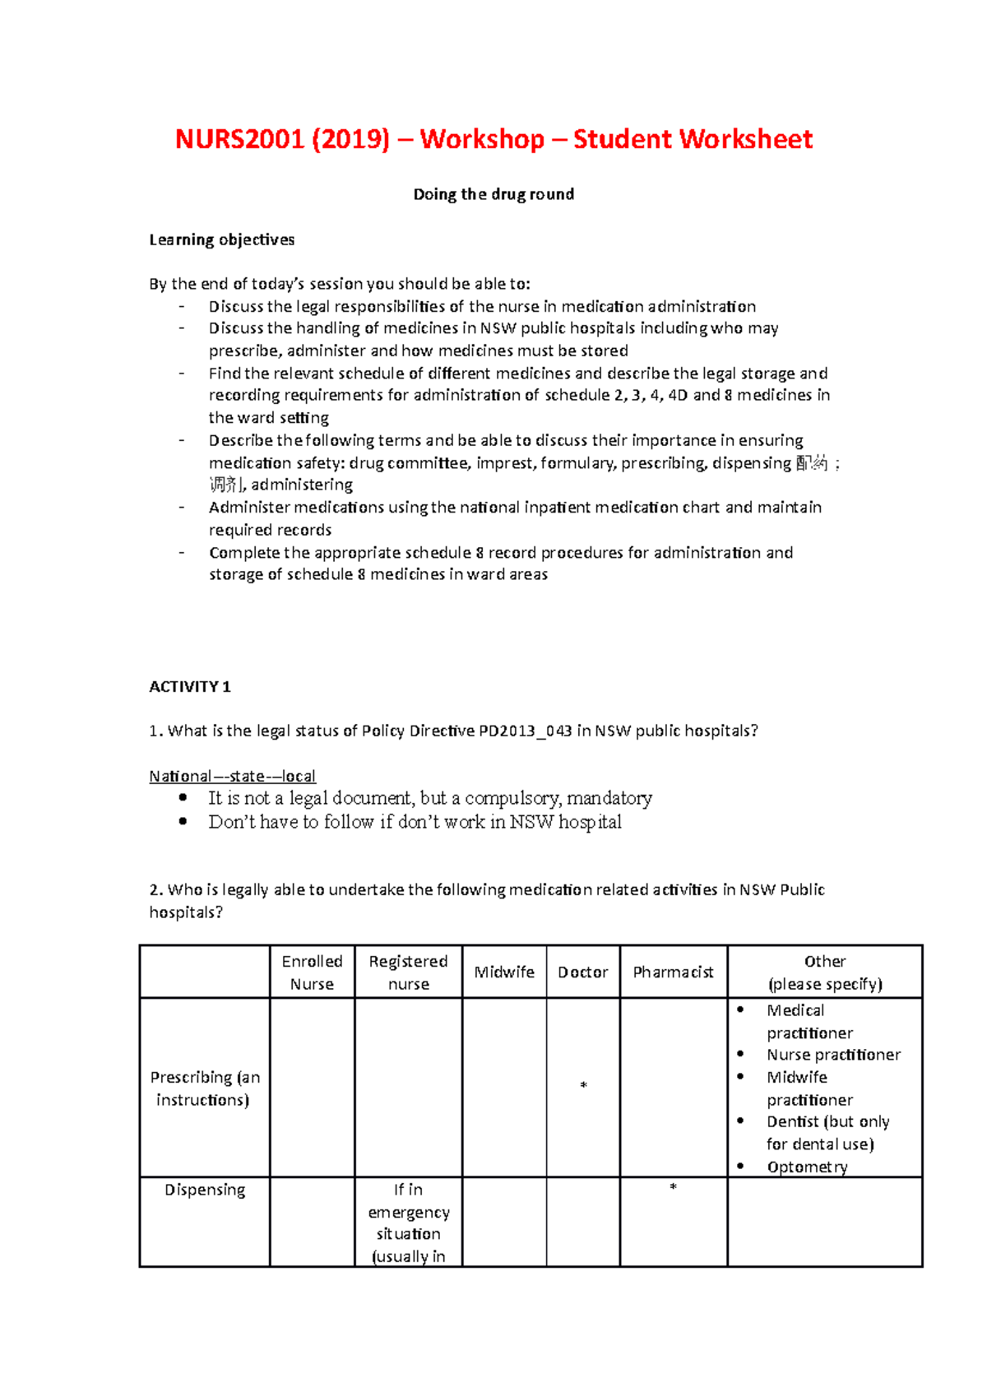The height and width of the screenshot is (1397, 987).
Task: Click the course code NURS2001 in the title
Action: coord(240,139)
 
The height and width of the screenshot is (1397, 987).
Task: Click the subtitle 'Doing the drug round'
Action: coord(493,194)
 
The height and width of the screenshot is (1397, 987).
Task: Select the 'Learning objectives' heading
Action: coord(221,239)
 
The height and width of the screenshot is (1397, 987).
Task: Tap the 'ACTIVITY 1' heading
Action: coord(190,686)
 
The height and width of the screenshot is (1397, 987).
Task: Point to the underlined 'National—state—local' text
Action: coord(232,776)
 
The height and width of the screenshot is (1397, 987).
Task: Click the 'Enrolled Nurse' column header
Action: coord(312,972)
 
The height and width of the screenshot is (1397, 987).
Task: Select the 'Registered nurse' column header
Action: coord(408,972)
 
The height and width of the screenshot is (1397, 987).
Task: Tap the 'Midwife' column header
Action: coord(504,972)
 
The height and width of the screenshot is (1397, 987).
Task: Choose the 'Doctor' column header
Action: coord(582,972)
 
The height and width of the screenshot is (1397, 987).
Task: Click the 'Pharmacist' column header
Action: coord(673,972)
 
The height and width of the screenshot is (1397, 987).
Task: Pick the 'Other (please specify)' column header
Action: coord(825,972)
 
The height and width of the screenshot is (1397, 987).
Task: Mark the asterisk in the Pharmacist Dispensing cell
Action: coord(673,1187)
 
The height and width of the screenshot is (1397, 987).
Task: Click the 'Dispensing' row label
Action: coord(205,1190)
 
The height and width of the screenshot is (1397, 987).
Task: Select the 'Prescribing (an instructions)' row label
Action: coord(205,1088)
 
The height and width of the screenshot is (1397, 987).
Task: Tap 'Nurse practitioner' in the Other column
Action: coord(833,1055)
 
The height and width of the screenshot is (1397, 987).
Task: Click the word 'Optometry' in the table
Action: coord(807,1167)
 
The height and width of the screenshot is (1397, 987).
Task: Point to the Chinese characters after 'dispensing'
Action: coord(812,463)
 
